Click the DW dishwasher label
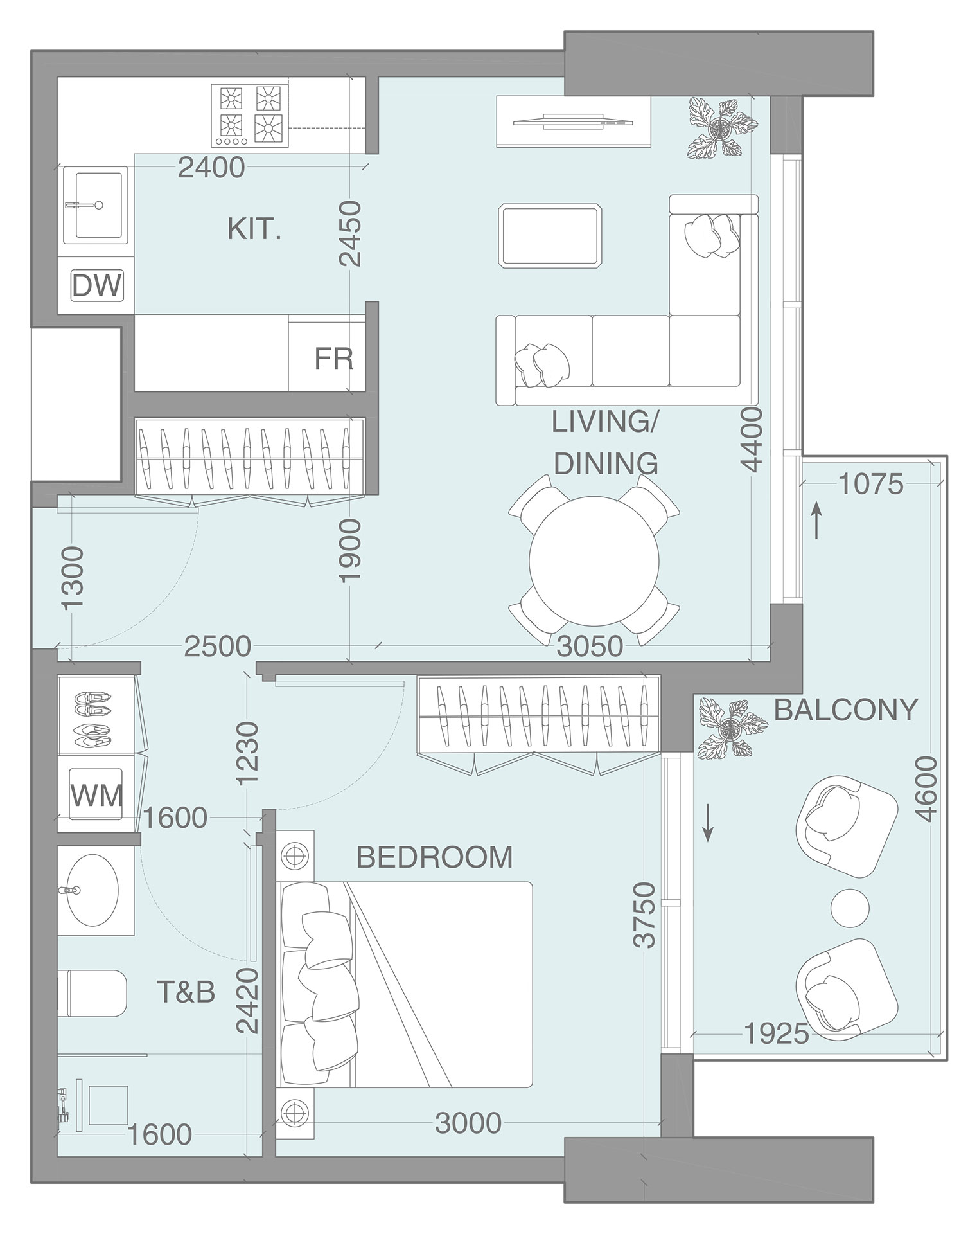pyautogui.click(x=96, y=285)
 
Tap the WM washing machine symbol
pyautogui.click(x=96, y=796)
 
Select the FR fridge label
pyautogui.click(x=333, y=359)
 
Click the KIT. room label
pyautogui.click(x=254, y=229)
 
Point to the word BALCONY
pyautogui.click(x=846, y=710)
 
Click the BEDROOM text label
pyautogui.click(x=434, y=857)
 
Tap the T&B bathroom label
pyautogui.click(x=186, y=992)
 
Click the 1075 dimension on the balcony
pyautogui.click(x=870, y=484)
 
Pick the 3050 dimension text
pyautogui.click(x=589, y=647)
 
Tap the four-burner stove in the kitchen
pyautogui.click(x=250, y=114)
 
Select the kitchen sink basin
pyautogui.click(x=98, y=205)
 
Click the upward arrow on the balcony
pyautogui.click(x=816, y=521)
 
